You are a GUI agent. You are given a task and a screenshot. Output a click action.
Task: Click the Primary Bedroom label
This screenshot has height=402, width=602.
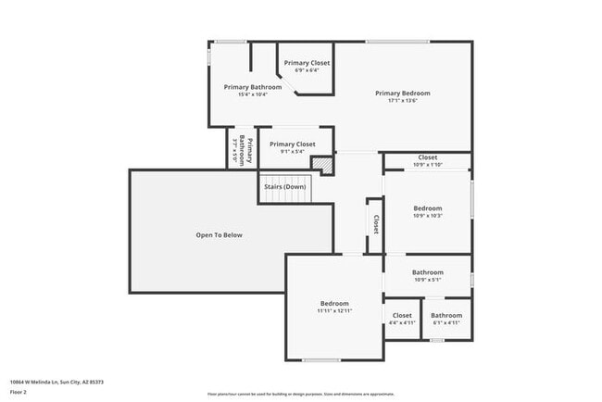pos(402,93)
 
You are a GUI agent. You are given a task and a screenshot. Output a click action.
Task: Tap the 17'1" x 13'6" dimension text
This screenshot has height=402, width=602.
pos(402,101)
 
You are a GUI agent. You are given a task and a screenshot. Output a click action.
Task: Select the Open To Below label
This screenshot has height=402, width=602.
pos(219,235)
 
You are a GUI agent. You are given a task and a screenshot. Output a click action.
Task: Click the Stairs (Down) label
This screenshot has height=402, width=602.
pos(284,186)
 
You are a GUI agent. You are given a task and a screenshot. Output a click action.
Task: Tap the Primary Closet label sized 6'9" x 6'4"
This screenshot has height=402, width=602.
pos(307,63)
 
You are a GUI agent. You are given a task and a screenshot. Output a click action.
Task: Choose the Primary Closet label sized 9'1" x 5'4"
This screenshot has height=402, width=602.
pos(292,144)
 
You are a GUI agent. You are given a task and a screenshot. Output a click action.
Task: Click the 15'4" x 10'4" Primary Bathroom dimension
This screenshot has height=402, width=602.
pos(252,94)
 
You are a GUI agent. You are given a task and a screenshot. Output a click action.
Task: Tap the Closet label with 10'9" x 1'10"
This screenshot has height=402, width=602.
pos(427,157)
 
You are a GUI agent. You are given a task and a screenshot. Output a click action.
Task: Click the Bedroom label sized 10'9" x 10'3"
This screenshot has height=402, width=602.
pos(427,208)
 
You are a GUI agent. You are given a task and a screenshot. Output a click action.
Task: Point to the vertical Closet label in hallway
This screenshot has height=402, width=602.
pos(375,224)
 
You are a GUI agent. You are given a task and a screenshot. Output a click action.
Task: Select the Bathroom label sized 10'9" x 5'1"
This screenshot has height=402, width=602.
pos(427,272)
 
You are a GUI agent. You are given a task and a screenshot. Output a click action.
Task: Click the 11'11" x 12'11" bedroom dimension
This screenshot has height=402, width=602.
pos(334,311)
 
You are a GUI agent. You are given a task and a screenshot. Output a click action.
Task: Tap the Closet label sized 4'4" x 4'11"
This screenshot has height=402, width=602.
pos(402,316)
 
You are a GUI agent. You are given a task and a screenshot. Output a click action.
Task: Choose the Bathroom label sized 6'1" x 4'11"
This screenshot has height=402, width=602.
pos(445,316)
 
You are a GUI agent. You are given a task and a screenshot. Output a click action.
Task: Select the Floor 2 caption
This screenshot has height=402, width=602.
pos(19,392)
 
